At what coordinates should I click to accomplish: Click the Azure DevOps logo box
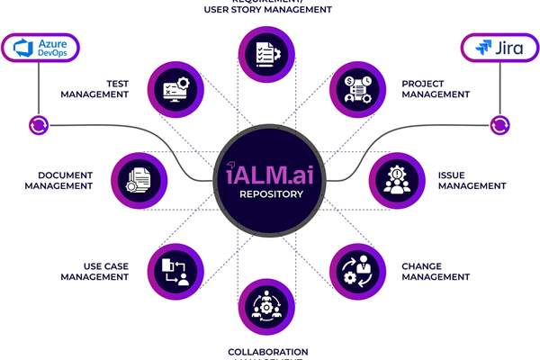[40, 49]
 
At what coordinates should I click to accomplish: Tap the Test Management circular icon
[174, 88]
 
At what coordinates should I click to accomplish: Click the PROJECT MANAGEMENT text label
[436, 88]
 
